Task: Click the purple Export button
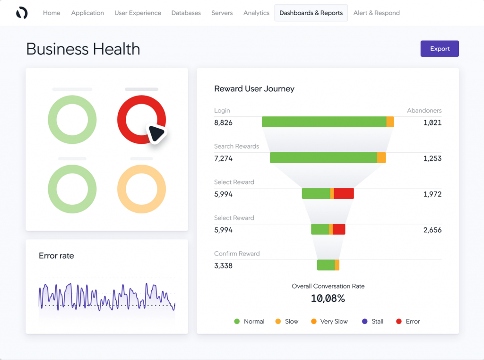click(440, 49)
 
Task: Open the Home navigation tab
click(52, 13)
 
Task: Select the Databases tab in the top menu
click(186, 13)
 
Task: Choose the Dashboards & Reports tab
click(311, 13)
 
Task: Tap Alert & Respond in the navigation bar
click(376, 13)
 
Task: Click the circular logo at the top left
click(22, 13)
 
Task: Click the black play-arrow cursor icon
click(156, 133)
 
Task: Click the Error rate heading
click(56, 255)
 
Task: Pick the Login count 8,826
click(223, 123)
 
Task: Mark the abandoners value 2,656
click(432, 230)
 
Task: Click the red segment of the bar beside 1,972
click(344, 193)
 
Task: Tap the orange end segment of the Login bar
click(390, 122)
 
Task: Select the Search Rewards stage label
click(236, 146)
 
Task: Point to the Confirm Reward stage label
click(237, 254)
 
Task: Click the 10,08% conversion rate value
click(328, 299)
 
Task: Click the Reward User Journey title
click(254, 89)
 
